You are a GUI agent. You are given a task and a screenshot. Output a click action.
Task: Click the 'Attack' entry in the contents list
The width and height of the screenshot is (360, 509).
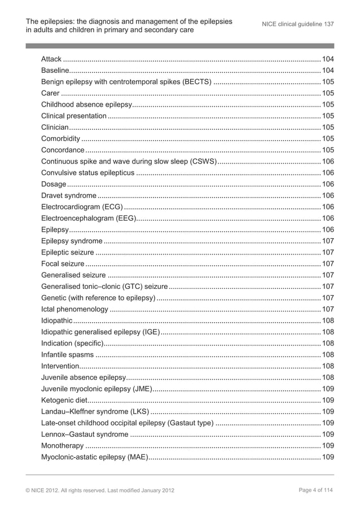pyautogui.click(x=51, y=59)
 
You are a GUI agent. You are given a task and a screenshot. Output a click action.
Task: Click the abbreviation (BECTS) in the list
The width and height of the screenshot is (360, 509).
pyautogui.click(x=197, y=82)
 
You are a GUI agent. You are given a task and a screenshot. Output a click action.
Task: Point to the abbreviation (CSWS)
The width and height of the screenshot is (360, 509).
pyautogui.click(x=202, y=161)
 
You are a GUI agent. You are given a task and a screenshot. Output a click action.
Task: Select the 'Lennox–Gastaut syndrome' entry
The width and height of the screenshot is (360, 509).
pyautogui.click(x=85, y=434)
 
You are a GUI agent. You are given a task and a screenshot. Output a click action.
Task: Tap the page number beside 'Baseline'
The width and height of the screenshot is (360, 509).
pyautogui.click(x=327, y=70)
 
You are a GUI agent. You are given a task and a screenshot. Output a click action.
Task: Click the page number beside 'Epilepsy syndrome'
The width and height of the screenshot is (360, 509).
pyautogui.click(x=327, y=241)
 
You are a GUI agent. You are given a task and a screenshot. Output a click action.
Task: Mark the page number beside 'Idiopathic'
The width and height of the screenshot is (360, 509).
pyautogui.click(x=327, y=321)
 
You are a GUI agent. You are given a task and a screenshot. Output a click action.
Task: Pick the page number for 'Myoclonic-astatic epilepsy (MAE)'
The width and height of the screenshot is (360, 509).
pyautogui.click(x=327, y=457)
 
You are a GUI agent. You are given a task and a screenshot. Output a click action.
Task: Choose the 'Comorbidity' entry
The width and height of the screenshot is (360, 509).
pyautogui.click(x=60, y=138)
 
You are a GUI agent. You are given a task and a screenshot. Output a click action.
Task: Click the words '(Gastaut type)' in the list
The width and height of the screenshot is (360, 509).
pyautogui.click(x=190, y=423)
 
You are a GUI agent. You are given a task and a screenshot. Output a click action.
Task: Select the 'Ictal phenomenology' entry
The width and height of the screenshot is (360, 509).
pyautogui.click(x=74, y=309)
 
